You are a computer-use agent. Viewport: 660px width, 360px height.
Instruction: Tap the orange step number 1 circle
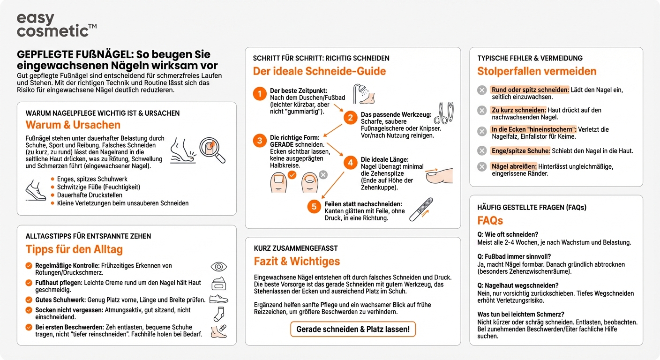tap(259, 94)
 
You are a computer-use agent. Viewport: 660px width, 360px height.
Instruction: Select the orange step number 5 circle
tap(314, 207)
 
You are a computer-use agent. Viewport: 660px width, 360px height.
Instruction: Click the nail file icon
tap(421, 209)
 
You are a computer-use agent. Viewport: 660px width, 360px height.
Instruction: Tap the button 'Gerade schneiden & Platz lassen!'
tap(352, 329)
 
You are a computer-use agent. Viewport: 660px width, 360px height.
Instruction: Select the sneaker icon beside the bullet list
tap(35, 189)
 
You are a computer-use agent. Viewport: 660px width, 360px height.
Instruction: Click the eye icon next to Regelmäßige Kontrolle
tap(218, 267)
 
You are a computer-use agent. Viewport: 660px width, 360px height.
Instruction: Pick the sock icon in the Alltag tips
tap(218, 314)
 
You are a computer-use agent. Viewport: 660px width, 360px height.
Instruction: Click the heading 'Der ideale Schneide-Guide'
tap(319, 71)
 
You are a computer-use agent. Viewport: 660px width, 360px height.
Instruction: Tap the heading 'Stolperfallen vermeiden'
tap(537, 71)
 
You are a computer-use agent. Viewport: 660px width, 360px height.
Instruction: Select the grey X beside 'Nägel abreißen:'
tap(482, 166)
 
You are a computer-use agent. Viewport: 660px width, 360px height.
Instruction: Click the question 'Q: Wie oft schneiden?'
tap(508, 234)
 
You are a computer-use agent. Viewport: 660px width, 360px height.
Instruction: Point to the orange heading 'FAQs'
tap(490, 220)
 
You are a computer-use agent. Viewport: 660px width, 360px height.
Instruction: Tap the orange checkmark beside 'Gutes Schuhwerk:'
tap(29, 300)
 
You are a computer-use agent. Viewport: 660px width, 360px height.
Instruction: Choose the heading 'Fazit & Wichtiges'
tap(297, 261)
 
